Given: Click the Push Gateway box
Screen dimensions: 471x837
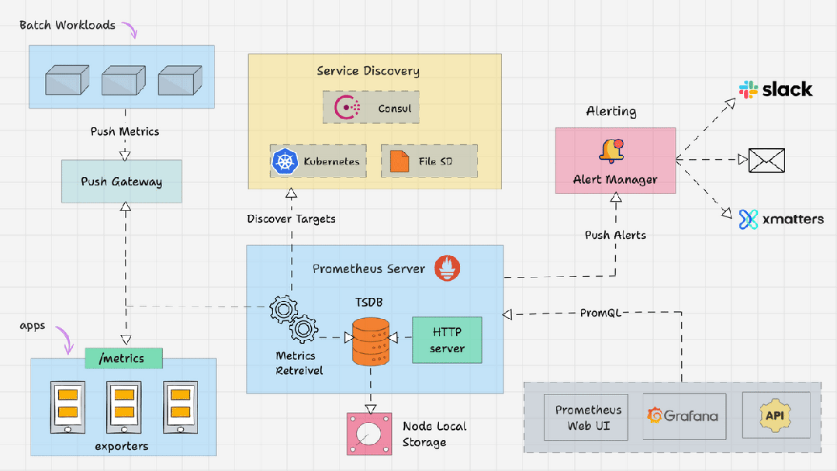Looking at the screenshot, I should pyautogui.click(x=121, y=182).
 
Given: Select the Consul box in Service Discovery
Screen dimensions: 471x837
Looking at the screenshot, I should pyautogui.click(x=371, y=107).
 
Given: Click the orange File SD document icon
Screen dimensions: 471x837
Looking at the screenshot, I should pyautogui.click(x=399, y=161).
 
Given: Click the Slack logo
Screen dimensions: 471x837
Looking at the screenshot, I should pyautogui.click(x=775, y=89).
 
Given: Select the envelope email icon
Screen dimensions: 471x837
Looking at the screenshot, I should pyautogui.click(x=766, y=161).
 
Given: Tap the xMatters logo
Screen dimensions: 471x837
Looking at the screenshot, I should pyautogui.click(x=780, y=219).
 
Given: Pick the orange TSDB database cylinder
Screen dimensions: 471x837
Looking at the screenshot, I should pyautogui.click(x=370, y=341).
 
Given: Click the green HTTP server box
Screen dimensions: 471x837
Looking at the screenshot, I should pyautogui.click(x=447, y=340).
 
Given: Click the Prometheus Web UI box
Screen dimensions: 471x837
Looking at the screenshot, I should pyautogui.click(x=589, y=417).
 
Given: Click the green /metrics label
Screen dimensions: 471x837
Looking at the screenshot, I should pyautogui.click(x=124, y=358).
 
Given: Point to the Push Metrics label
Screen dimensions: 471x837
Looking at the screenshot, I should pyautogui.click(x=125, y=131).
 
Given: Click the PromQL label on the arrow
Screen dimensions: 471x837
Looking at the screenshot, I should pyautogui.click(x=601, y=313).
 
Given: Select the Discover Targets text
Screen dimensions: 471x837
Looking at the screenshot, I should pyautogui.click(x=291, y=219).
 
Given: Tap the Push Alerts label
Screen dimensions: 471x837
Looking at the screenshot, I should pyautogui.click(x=615, y=234).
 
